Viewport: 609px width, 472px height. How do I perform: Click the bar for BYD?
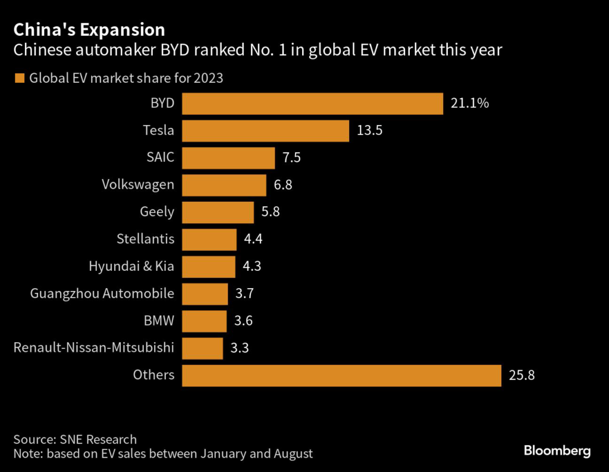click(312, 104)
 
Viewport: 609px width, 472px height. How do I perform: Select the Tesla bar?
click(265, 131)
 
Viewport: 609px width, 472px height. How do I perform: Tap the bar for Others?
click(342, 376)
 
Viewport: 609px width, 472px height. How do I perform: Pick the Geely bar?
click(218, 212)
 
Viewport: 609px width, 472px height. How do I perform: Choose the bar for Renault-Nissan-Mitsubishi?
click(202, 348)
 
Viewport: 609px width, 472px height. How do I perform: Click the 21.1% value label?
click(470, 104)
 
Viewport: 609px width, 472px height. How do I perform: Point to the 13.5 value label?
click(369, 131)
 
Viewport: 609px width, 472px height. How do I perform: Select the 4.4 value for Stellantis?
click(253, 239)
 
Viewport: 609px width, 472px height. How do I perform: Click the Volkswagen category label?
click(138, 185)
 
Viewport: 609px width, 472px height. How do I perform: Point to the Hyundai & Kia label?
click(131, 266)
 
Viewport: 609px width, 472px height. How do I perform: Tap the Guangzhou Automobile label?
click(102, 293)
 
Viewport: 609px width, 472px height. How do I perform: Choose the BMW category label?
click(159, 321)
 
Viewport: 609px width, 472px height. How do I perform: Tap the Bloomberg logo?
click(557, 451)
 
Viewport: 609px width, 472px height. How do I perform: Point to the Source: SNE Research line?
click(75, 440)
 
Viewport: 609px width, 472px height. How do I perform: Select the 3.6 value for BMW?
click(243, 321)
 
